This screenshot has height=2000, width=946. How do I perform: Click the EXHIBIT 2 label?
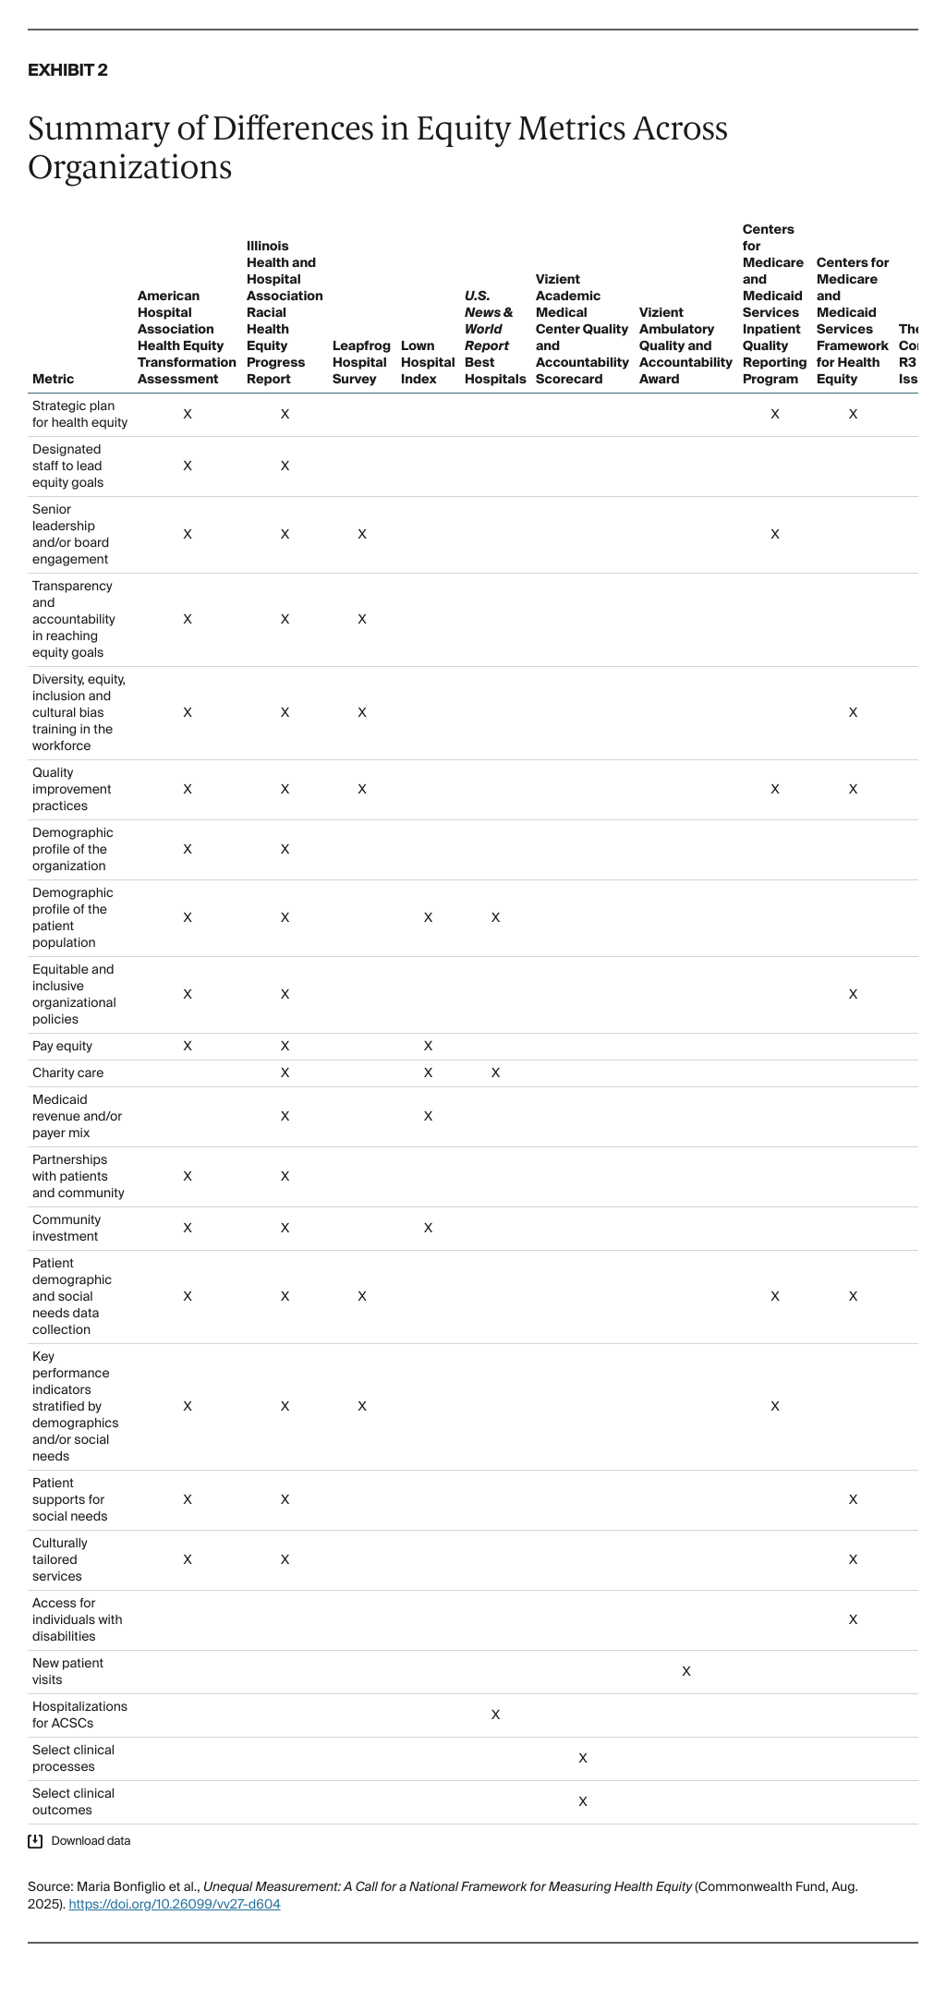click(x=67, y=70)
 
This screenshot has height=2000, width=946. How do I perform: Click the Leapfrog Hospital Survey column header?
click(x=361, y=362)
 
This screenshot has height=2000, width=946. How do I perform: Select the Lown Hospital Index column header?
click(x=427, y=362)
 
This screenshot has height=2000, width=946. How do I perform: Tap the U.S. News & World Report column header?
click(x=494, y=337)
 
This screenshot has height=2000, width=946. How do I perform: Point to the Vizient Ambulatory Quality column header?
click(x=685, y=345)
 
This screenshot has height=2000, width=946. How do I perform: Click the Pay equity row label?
click(x=62, y=1046)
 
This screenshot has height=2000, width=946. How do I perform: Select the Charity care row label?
click(x=67, y=1073)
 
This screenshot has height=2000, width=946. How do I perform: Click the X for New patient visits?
click(x=686, y=1671)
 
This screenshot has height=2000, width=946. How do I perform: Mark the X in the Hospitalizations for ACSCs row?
click(x=495, y=1715)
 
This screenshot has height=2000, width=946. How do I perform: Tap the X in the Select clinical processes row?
click(x=583, y=1758)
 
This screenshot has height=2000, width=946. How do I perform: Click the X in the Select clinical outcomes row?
click(x=583, y=1801)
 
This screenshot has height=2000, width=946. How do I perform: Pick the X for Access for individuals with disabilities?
click(x=853, y=1619)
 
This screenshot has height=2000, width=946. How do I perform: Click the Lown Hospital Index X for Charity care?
click(x=428, y=1073)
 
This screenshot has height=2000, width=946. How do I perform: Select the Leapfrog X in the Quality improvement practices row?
click(x=362, y=789)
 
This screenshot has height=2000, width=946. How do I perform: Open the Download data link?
click(x=91, y=1841)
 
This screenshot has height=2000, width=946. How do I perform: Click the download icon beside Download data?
click(x=35, y=1841)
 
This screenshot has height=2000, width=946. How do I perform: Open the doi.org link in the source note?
click(x=175, y=1904)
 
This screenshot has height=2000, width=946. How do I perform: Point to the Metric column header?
click(x=53, y=379)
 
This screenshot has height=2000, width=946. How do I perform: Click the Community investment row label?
click(x=67, y=1228)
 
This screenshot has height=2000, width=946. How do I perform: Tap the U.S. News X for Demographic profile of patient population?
click(x=495, y=917)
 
